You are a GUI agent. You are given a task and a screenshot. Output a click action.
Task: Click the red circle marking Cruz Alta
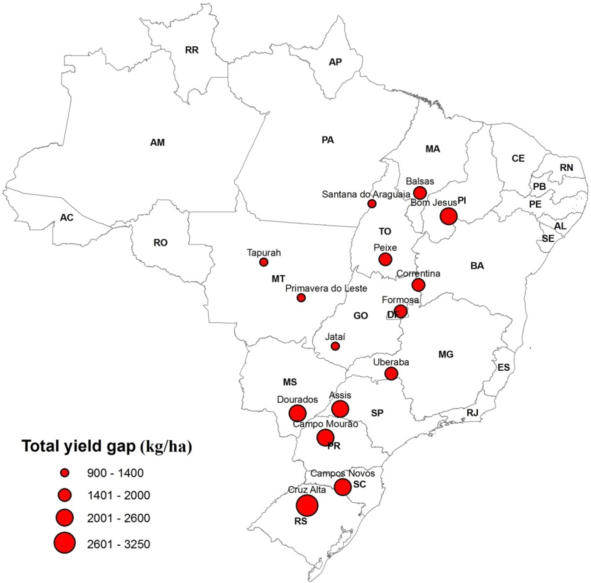[x=307, y=505]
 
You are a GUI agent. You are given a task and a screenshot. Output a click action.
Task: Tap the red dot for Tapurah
[x=263, y=262]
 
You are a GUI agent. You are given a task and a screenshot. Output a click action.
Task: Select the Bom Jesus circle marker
[x=448, y=216]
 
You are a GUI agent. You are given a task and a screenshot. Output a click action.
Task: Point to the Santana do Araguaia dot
[x=372, y=204]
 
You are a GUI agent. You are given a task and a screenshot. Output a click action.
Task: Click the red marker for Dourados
[x=297, y=413]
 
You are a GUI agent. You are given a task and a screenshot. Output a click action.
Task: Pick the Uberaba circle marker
[x=391, y=373]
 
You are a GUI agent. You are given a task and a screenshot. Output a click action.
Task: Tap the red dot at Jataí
[x=335, y=346]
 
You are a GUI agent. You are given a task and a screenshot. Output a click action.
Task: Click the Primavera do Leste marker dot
[x=301, y=298]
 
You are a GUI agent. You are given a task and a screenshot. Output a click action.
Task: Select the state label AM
[x=157, y=143]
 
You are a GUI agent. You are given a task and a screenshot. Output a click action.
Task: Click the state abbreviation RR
[x=192, y=50]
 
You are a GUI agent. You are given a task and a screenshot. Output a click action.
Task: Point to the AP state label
[x=335, y=62]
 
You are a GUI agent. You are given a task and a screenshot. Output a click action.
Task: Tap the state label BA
[x=477, y=266]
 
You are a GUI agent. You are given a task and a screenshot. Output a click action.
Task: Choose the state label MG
[x=446, y=354]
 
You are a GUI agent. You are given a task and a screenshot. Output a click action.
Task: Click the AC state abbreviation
[x=67, y=218]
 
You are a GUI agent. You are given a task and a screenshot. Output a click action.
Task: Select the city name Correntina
[x=418, y=274]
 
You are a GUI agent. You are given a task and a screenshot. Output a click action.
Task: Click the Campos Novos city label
[x=342, y=474]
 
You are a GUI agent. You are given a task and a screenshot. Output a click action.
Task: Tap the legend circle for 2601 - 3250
[x=65, y=543]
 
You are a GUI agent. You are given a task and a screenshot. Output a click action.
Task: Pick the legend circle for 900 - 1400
[x=65, y=473]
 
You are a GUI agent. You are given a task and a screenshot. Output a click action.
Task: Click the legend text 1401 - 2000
[x=119, y=495]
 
